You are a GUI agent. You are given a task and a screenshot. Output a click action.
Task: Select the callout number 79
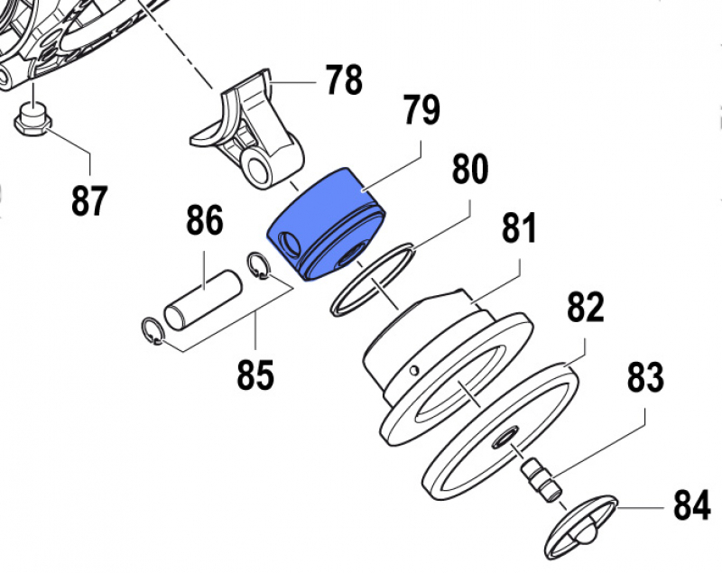(x=421, y=113)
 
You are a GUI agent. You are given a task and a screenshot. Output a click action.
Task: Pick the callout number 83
(x=646, y=377)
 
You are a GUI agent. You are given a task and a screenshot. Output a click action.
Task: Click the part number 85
(x=255, y=374)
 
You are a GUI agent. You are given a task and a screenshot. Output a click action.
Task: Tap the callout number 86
(x=205, y=220)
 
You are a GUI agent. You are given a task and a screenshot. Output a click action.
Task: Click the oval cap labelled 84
(x=581, y=523)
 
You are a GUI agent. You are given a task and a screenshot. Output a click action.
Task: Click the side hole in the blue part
(x=292, y=243)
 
